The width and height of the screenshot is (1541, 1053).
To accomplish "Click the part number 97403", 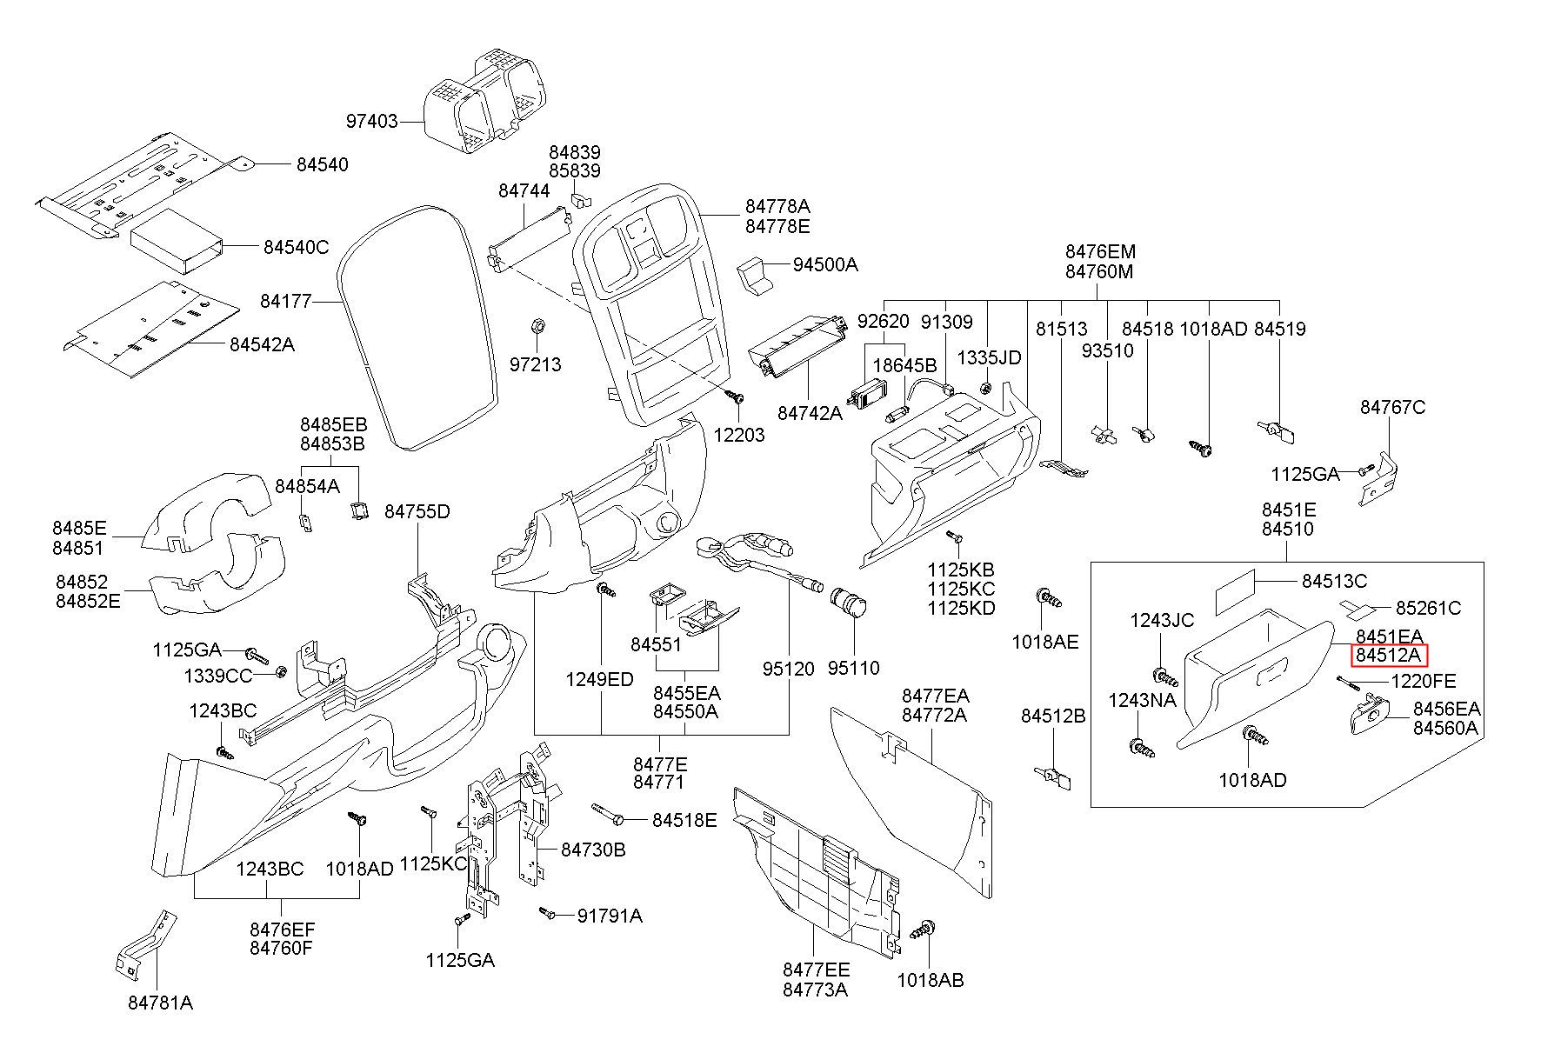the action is pyautogui.click(x=371, y=122).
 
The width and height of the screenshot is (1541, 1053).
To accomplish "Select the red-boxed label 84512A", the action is pyautogui.click(x=1389, y=656).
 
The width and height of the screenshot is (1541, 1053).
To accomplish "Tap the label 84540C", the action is pyautogui.click(x=296, y=248).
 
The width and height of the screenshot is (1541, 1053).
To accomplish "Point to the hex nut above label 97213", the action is pyautogui.click(x=537, y=326).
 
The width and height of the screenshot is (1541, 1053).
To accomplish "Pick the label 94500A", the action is pyautogui.click(x=825, y=264).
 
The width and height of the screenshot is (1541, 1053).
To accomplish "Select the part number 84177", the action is pyautogui.click(x=285, y=302).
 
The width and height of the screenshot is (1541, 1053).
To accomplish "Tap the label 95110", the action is pyautogui.click(x=853, y=668).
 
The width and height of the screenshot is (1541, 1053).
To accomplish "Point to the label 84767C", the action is pyautogui.click(x=1393, y=407).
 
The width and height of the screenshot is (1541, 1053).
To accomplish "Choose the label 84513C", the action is pyautogui.click(x=1334, y=581).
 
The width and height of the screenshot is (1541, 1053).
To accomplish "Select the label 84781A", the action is pyautogui.click(x=160, y=1003).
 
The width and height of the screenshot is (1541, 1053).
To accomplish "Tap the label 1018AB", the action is pyautogui.click(x=931, y=980).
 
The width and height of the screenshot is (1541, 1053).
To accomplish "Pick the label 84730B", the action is pyautogui.click(x=593, y=850).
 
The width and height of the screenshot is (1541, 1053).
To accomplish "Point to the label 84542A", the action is pyautogui.click(x=262, y=344).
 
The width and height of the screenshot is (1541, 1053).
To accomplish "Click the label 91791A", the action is pyautogui.click(x=610, y=915).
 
